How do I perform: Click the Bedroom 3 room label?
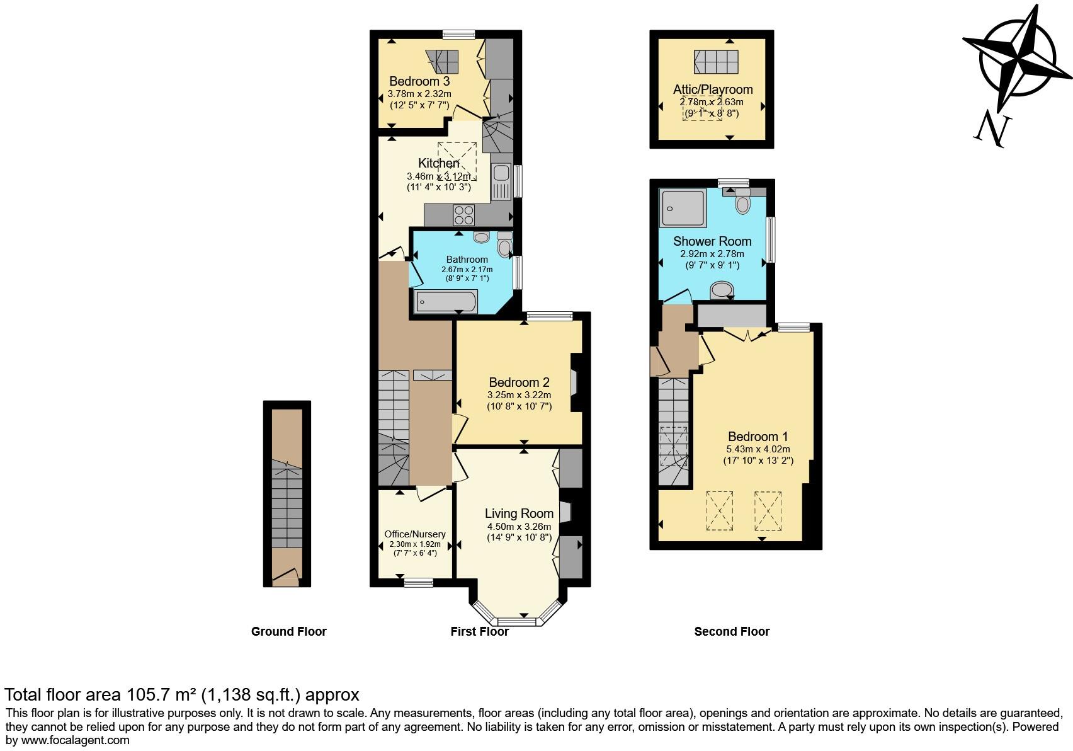tap(419, 81)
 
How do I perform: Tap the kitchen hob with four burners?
tap(464, 215)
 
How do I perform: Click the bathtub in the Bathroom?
tap(446, 302)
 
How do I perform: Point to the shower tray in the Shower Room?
tap(682, 209)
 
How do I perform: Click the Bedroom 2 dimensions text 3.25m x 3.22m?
tap(519, 395)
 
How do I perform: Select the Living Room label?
tap(519, 513)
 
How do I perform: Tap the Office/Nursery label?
tap(415, 534)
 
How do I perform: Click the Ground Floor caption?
tap(288, 631)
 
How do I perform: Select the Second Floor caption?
tap(732, 631)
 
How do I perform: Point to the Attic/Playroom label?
tap(712, 89)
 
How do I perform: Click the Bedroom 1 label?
tap(758, 437)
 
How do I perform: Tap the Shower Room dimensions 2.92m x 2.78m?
tap(712, 254)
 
